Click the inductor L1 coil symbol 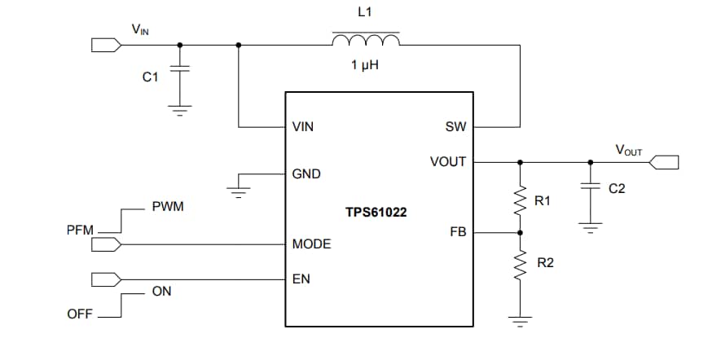pos(365,41)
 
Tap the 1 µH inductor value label pos(365,64)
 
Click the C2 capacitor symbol pos(589,187)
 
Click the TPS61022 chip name pos(376,212)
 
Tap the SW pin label pos(455,127)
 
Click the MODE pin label pos(311,244)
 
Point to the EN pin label pos(301,279)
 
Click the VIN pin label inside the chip pos(302,127)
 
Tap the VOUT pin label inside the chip pos(447,161)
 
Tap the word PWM pos(168,207)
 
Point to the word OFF pos(79,314)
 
